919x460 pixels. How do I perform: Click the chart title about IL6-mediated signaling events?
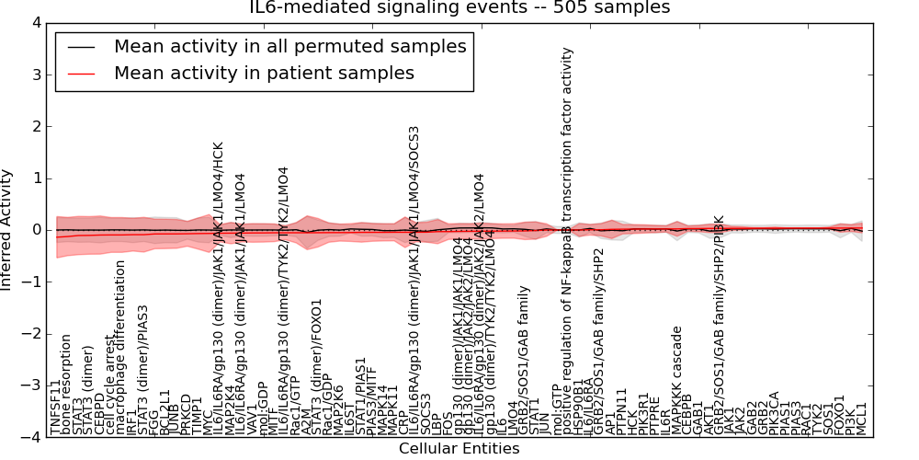(459, 8)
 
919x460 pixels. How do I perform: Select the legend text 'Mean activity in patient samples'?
(264, 74)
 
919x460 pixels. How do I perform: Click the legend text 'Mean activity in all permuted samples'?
(289, 47)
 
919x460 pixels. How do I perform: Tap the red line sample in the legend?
(81, 74)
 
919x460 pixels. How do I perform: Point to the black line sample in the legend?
(81, 47)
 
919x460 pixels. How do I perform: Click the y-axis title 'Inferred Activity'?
(7, 230)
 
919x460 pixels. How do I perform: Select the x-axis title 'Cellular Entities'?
(459, 449)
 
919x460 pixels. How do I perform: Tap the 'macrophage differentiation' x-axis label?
(120, 348)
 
